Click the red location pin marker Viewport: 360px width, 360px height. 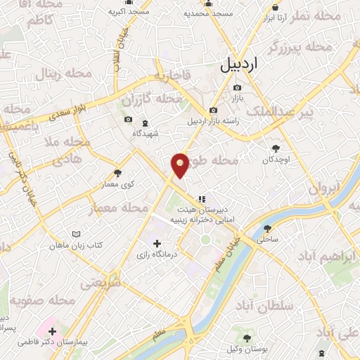[180, 164]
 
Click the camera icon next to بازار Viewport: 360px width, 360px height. [237, 87]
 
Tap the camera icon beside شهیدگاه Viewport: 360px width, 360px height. [127, 119]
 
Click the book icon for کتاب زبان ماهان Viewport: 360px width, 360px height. [76, 233]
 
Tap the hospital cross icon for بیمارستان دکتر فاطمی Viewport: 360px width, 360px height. [53, 330]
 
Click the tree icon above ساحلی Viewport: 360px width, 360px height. [267, 229]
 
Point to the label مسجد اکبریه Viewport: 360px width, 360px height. [129, 13]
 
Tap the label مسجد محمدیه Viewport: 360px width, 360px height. [208, 13]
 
